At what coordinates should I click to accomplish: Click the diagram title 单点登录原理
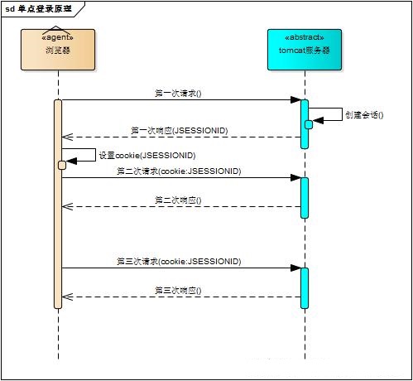coord(45,8)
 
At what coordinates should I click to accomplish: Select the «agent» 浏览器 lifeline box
coord(58,50)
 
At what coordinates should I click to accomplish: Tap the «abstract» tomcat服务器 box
coord(305,50)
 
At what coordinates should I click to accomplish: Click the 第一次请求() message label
coord(178,93)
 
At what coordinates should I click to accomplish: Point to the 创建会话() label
coord(364,114)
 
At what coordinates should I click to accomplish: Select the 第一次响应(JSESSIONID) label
coord(180,130)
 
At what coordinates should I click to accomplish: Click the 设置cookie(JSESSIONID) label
coord(147,156)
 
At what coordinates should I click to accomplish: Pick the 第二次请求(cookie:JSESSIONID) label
coord(179,171)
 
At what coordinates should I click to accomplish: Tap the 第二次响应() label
coord(178,200)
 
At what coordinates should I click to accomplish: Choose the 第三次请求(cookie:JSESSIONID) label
coord(179,261)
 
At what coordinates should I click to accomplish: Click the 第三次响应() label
coord(178,291)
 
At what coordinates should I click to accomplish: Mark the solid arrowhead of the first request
coord(295,100)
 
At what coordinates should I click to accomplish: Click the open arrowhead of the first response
coord(67,137)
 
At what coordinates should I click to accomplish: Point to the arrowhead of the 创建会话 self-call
coord(318,120)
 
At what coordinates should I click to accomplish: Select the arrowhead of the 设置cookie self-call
coord(71,161)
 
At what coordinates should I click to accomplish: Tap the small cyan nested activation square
coord(309,125)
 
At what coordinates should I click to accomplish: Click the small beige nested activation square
coord(62,165)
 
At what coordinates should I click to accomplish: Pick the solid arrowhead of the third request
coord(295,268)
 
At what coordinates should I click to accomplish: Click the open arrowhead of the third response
coord(67,297)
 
